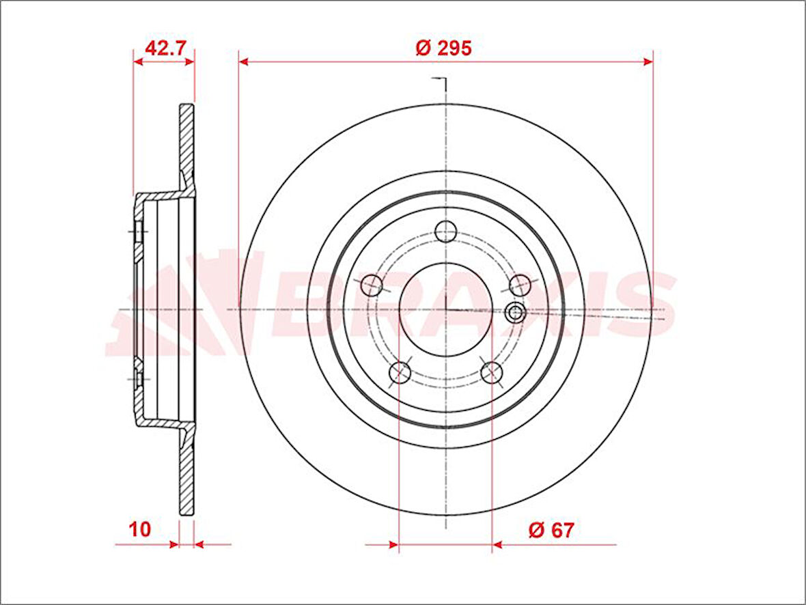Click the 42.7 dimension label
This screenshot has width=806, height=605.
pyautogui.click(x=165, y=48)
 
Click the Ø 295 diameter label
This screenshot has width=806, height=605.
pyautogui.click(x=443, y=48)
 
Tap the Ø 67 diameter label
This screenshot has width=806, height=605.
pyautogui.click(x=551, y=530)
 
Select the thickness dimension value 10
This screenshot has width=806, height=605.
pyautogui.click(x=139, y=529)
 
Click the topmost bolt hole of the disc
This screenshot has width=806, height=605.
pyautogui.click(x=445, y=231)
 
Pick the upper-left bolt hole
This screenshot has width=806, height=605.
pyautogui.click(x=372, y=285)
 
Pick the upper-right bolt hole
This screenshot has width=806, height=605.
pyautogui.click(x=520, y=285)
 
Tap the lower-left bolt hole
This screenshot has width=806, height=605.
pyautogui.click(x=400, y=371)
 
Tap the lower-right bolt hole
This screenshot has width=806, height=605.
pyautogui.click(x=491, y=371)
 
